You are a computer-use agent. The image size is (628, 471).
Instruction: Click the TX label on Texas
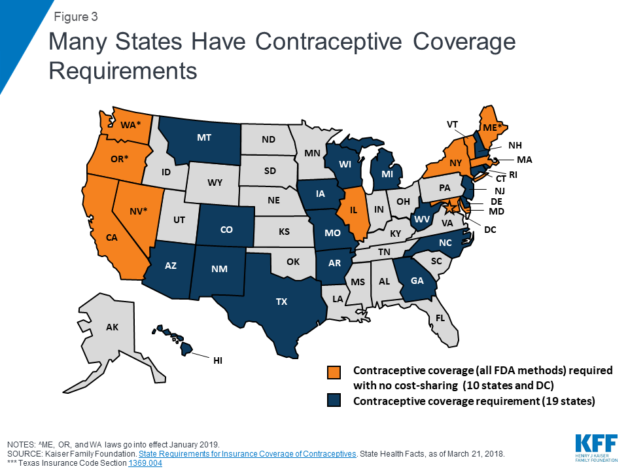pyautogui.click(x=281, y=302)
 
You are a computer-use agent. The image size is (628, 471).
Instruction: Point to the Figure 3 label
pyautogui.click(x=77, y=16)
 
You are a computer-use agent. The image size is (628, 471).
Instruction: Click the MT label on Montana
pyautogui.click(x=204, y=138)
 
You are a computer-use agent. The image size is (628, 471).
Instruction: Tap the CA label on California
pyautogui.click(x=111, y=238)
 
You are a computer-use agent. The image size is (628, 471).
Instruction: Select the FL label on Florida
pyautogui.click(x=440, y=319)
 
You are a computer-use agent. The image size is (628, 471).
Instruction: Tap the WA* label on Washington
pyautogui.click(x=130, y=124)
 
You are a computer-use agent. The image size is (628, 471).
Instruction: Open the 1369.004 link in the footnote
pyautogui.click(x=145, y=463)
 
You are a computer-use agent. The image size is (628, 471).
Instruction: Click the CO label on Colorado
pyautogui.click(x=227, y=230)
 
